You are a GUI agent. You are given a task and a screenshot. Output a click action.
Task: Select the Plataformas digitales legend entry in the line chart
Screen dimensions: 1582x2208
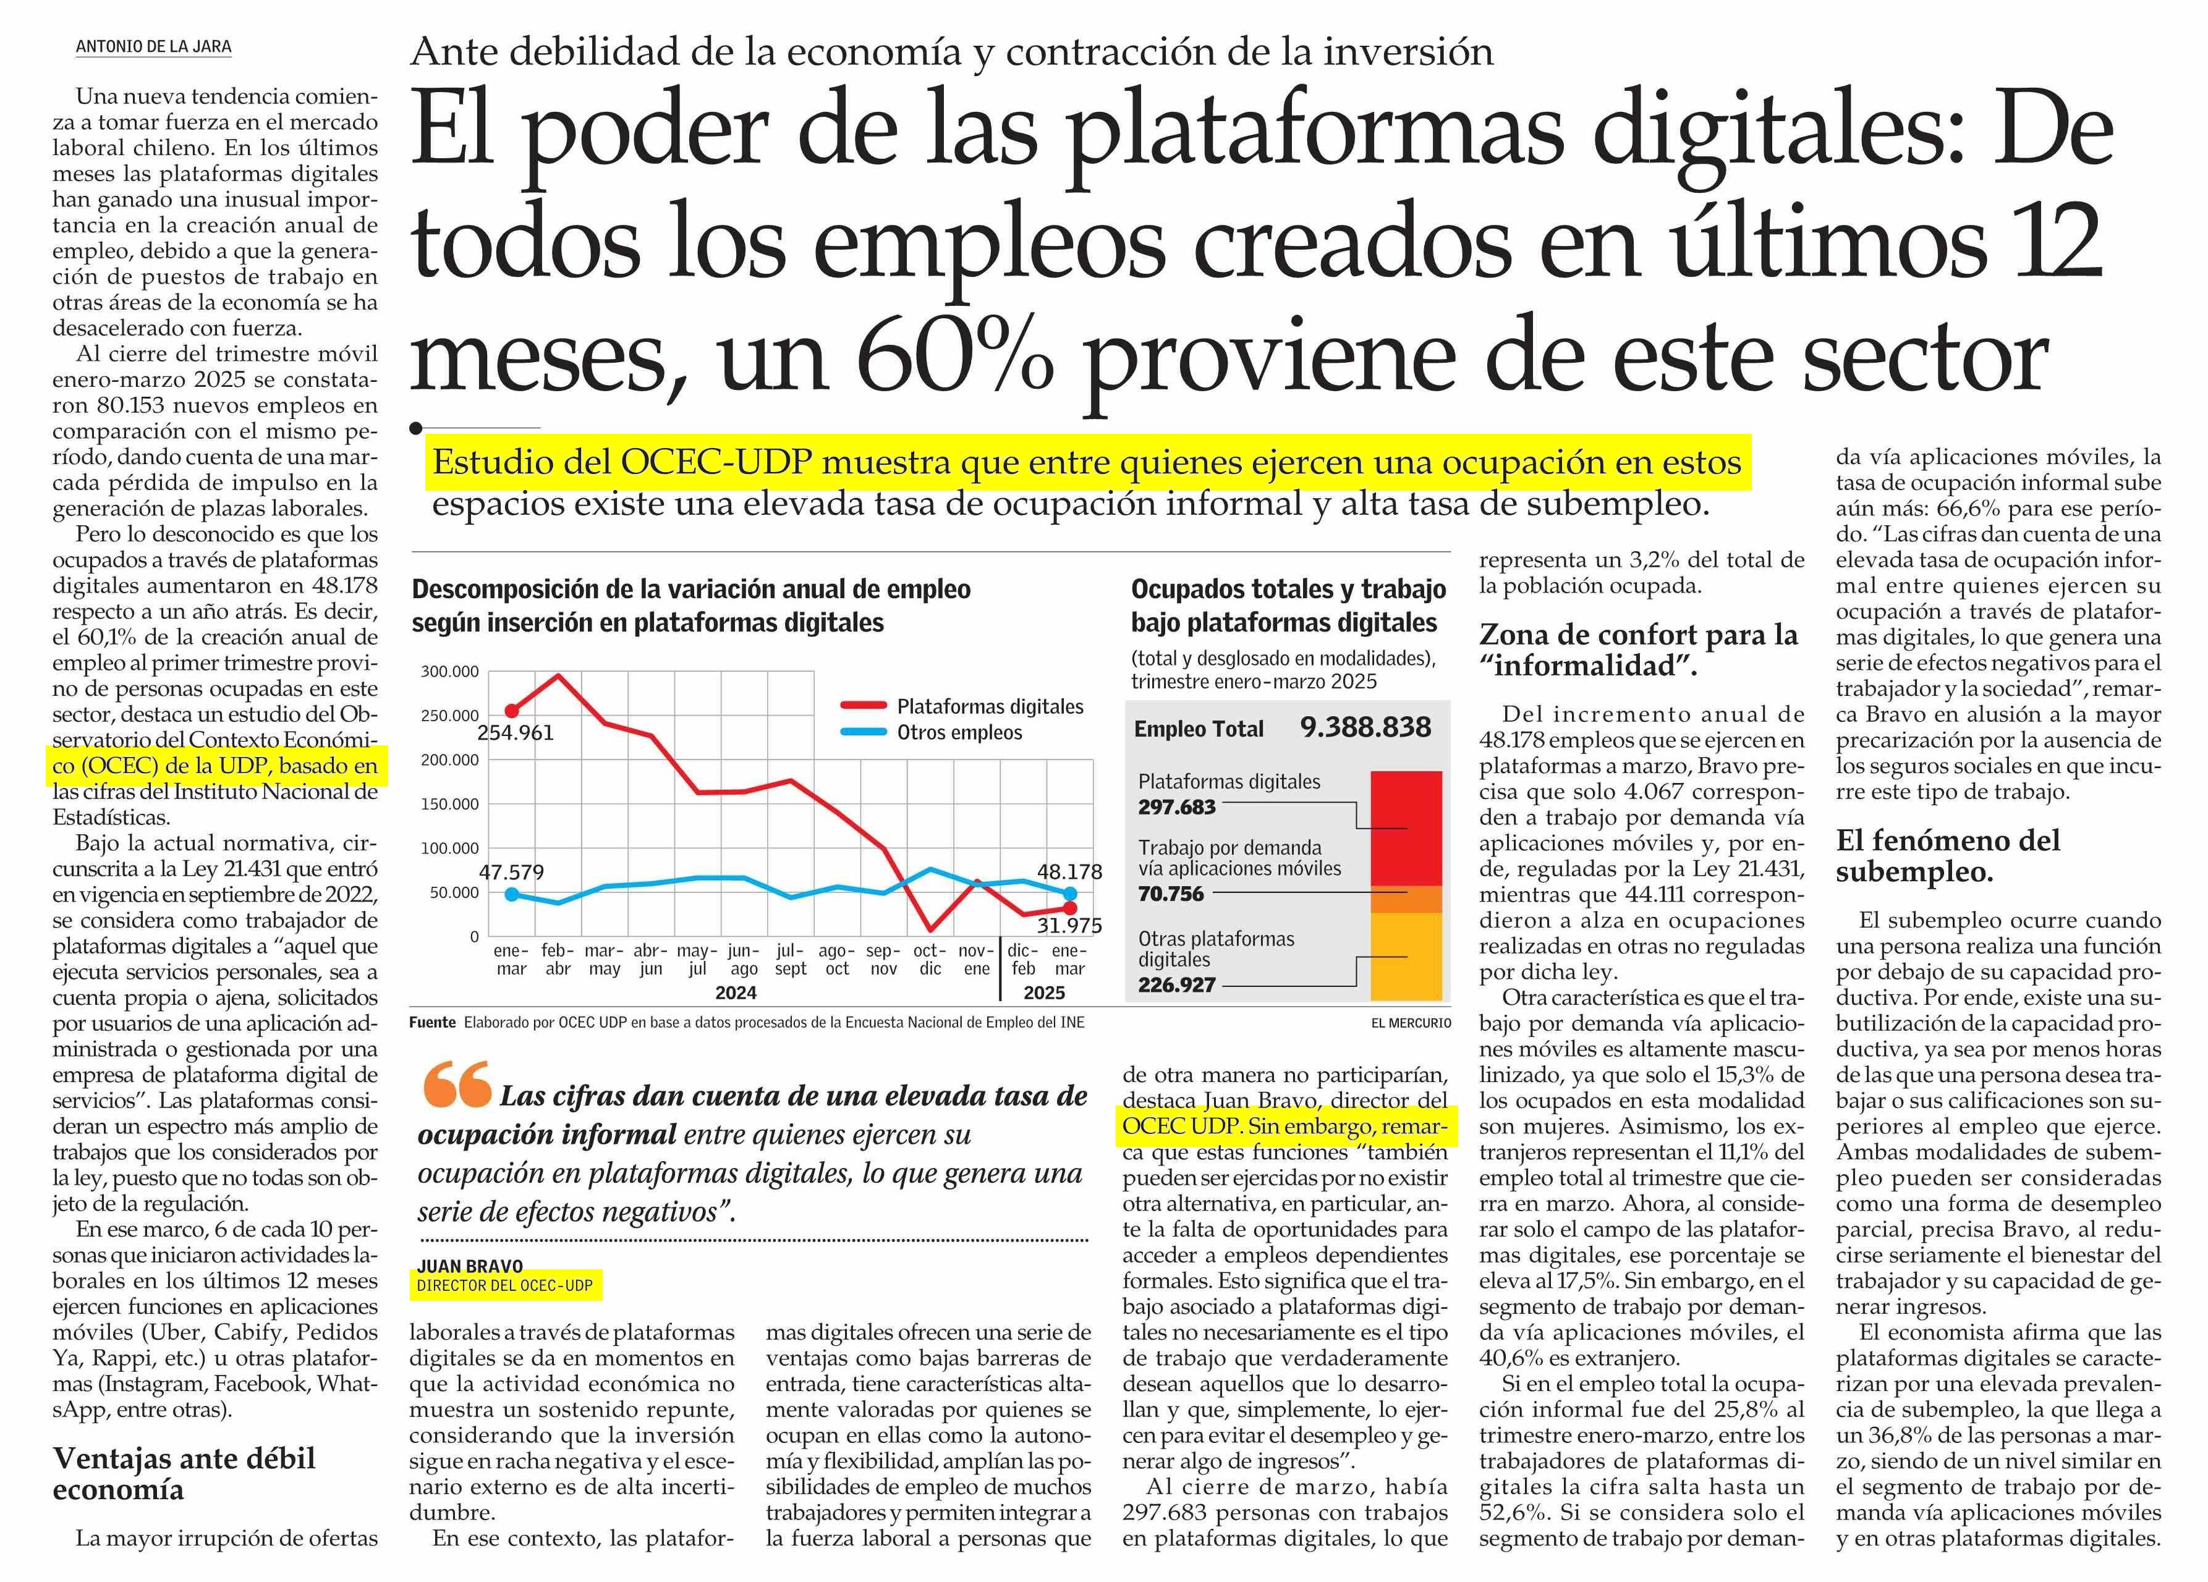[989, 707]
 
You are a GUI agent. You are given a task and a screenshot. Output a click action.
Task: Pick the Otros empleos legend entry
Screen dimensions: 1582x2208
[959, 733]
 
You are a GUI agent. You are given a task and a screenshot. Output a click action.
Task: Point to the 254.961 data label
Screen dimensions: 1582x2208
[515, 733]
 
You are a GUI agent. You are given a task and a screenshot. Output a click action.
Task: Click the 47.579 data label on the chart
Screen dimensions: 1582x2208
[511, 873]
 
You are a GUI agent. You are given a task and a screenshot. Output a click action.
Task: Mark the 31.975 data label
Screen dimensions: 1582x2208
[1069, 926]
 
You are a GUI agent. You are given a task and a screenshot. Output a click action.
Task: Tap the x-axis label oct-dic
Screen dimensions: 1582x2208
[930, 960]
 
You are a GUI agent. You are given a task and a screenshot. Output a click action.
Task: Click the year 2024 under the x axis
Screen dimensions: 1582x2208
[736, 993]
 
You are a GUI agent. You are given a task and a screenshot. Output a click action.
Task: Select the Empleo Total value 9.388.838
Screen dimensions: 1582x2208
[1365, 727]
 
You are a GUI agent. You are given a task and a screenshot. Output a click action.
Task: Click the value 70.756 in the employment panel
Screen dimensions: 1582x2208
[1171, 894]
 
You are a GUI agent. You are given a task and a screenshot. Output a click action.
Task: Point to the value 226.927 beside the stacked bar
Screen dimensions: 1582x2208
[1177, 984]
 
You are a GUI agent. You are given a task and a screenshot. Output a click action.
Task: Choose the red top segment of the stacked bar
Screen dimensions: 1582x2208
[1406, 827]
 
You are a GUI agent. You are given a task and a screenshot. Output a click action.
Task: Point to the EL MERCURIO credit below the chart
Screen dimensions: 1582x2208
[1411, 1023]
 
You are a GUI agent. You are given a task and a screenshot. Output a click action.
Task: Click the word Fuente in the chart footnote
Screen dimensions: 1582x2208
[432, 1022]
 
